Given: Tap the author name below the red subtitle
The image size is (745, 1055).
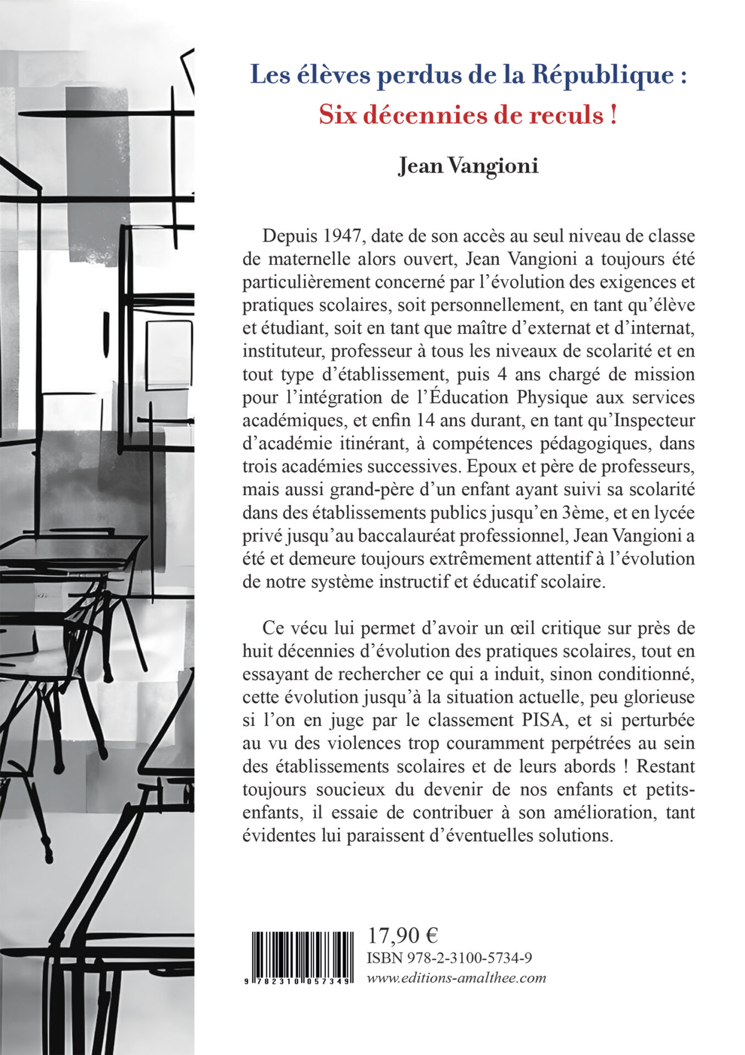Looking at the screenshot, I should pos(468,165).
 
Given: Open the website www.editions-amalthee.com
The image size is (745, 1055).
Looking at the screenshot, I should pos(456,978).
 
